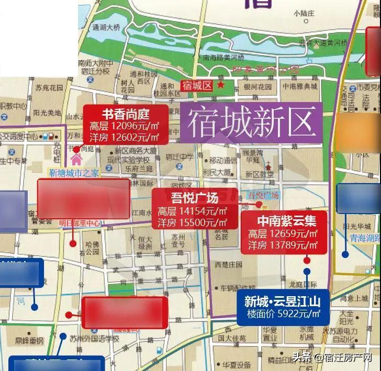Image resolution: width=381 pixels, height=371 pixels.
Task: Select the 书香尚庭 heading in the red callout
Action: (126, 114)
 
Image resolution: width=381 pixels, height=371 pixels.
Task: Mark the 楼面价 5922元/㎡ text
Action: (286, 314)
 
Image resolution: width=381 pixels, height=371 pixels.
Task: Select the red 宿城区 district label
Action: (197, 85)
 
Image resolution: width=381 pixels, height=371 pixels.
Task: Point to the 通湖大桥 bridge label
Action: (106, 27)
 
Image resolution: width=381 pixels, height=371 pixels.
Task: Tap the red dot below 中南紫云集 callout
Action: (307, 260)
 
